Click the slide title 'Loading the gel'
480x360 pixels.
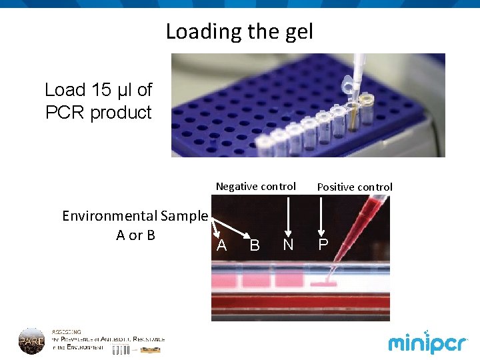tap(239, 31)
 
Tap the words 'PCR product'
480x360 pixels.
tap(99, 113)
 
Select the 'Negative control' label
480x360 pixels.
tap(255, 186)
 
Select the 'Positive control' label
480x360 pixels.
tap(355, 187)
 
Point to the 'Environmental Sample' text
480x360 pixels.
tap(135, 215)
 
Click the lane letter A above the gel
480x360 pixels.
tap(222, 246)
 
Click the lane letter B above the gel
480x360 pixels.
tap(254, 246)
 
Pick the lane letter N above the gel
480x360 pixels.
tap(288, 245)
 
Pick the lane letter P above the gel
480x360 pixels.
tap(323, 245)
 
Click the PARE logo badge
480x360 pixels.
tap(31, 340)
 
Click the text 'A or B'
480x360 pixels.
tap(135, 235)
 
